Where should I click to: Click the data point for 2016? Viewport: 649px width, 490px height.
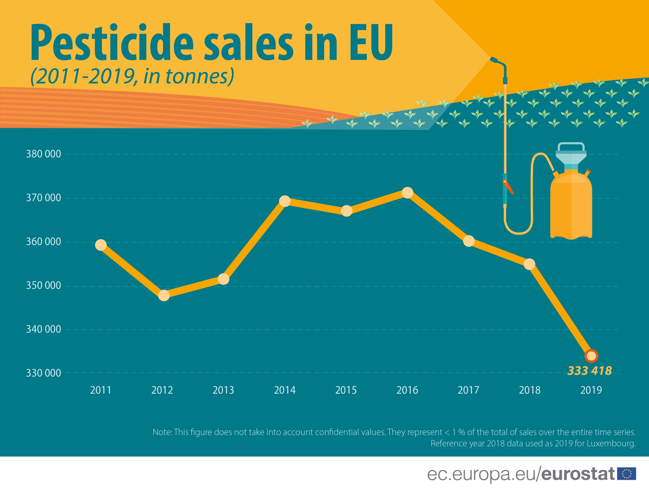click(x=407, y=193)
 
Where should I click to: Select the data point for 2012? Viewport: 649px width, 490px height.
click(x=164, y=295)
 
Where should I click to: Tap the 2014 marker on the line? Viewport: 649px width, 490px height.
click(x=285, y=201)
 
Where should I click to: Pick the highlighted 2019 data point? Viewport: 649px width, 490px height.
click(x=591, y=356)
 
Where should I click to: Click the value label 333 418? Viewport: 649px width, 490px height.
click(x=590, y=371)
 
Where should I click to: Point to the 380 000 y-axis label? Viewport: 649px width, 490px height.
click(x=43, y=154)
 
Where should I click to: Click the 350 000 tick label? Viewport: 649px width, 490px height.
click(x=43, y=286)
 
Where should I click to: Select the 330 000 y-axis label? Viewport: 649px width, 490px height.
click(x=43, y=373)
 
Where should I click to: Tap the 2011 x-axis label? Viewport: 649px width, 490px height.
click(x=101, y=390)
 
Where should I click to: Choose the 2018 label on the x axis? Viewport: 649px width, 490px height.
click(x=530, y=390)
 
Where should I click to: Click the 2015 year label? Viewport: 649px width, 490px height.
click(x=346, y=390)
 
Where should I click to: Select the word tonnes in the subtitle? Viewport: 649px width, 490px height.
click(x=196, y=76)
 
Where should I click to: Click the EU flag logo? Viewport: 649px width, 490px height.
click(x=627, y=474)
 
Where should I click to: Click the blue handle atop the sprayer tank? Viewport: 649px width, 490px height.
click(x=571, y=146)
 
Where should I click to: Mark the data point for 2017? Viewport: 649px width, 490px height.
click(x=468, y=241)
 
